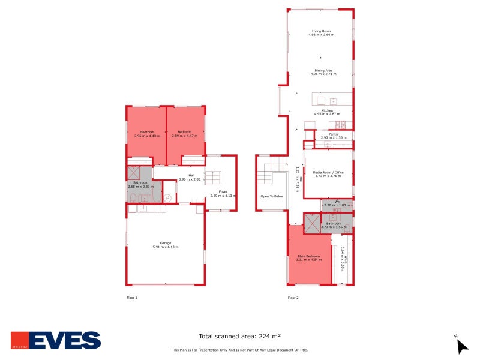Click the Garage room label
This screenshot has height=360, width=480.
tap(165, 243)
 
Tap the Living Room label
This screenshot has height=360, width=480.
tap(321, 31)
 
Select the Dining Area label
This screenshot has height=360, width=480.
tap(323, 70)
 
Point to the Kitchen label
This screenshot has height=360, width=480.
tap(327, 110)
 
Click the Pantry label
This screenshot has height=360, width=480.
tap(334, 134)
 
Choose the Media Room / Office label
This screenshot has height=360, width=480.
tap(328, 172)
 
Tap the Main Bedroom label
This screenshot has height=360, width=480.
tap(310, 257)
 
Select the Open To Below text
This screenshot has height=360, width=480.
tap(272, 196)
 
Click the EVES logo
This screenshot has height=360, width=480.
tap(56, 340)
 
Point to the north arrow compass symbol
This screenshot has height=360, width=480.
tap(461, 346)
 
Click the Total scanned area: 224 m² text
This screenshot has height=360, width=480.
tap(240, 337)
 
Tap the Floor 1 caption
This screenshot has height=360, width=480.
tap(132, 298)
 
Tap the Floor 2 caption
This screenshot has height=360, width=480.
tap(293, 298)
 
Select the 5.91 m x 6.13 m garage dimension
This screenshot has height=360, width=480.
tap(165, 247)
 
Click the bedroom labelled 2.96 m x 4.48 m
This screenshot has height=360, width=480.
tap(147, 134)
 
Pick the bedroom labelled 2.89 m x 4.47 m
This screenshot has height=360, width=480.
tap(184, 134)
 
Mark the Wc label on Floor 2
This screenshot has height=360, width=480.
tap(337, 202)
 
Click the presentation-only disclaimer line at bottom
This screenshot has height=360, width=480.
tap(240, 350)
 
